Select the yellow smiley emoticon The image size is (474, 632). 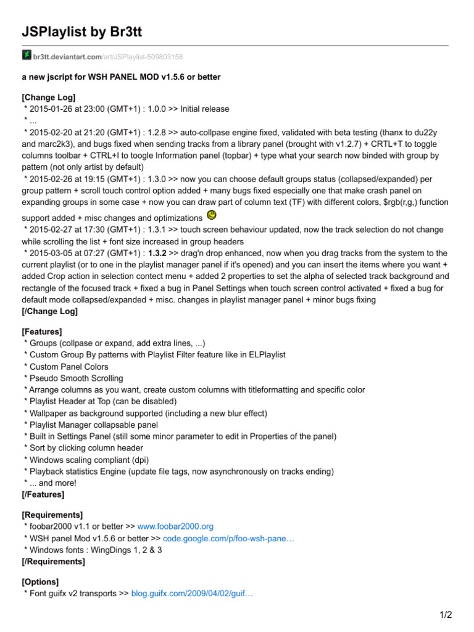(x=211, y=215)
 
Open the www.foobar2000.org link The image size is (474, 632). (x=175, y=526)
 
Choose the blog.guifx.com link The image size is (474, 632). (x=193, y=594)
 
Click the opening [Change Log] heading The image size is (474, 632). (x=49, y=98)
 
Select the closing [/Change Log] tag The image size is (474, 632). (x=51, y=312)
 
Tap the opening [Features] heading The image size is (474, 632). (x=42, y=331)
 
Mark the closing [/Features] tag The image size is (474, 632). (x=43, y=494)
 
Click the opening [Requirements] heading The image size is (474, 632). (x=52, y=514)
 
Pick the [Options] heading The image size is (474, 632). (x=41, y=581)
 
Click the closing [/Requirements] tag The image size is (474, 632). (x=54, y=561)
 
